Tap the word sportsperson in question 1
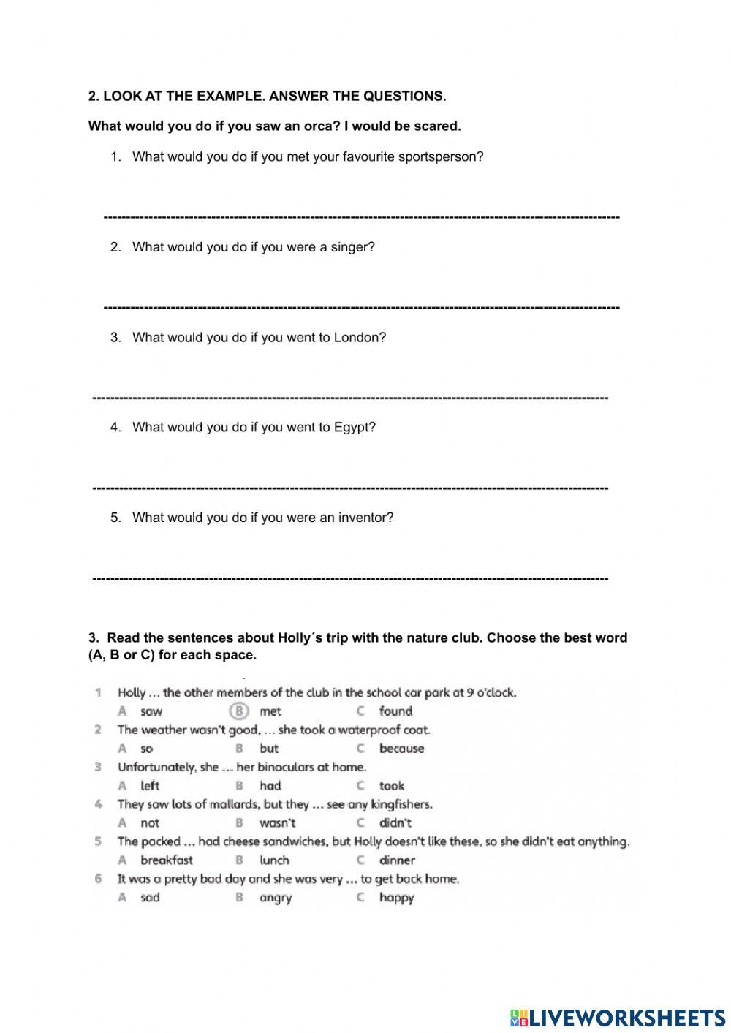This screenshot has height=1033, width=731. click(440, 157)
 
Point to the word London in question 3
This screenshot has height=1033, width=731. click(360, 338)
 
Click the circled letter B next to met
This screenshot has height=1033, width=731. click(239, 711)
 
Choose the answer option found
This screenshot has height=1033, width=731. click(395, 711)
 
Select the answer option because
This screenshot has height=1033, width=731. click(401, 749)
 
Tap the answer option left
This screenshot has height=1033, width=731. click(150, 786)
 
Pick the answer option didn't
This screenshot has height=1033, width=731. click(395, 823)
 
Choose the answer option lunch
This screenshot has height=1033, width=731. click(274, 860)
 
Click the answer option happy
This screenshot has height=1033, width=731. click(396, 898)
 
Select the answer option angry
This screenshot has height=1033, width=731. click(275, 898)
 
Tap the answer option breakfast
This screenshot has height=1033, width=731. click(167, 860)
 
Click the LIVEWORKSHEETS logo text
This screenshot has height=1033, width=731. click(626, 1017)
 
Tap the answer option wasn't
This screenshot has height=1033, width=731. click(277, 823)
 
